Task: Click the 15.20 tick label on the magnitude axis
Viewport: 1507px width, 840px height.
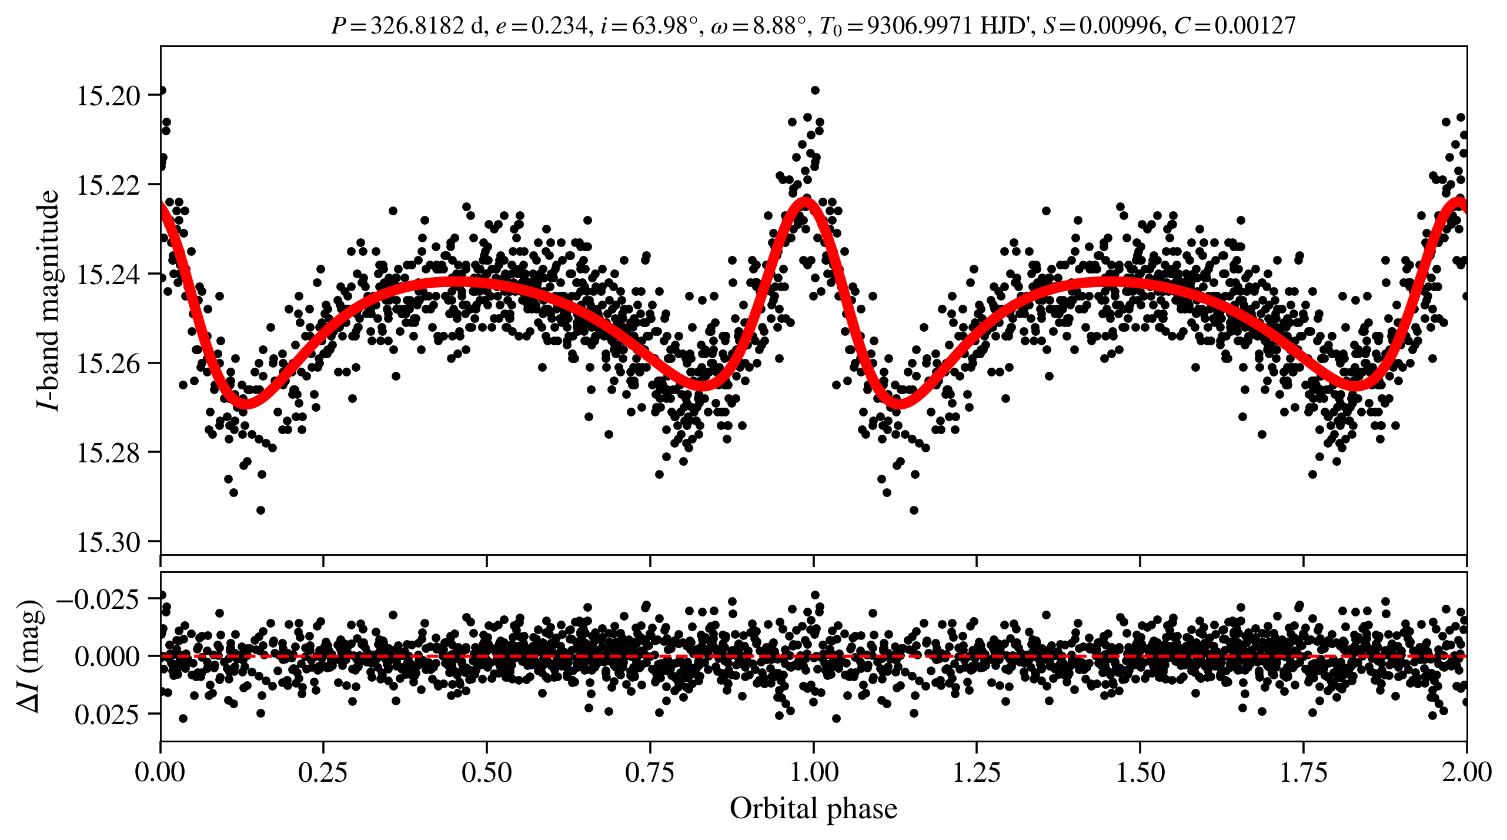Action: coord(109,95)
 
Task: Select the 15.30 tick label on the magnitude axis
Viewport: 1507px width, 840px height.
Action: coord(109,542)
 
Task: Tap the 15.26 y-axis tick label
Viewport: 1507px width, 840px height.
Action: coord(109,364)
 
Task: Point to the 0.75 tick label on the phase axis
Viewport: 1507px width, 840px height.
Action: coord(650,772)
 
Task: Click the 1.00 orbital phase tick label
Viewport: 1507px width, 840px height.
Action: coord(813,772)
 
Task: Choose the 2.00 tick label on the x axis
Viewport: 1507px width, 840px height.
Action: coord(1466,772)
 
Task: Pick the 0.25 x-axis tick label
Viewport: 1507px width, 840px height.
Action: coord(323,772)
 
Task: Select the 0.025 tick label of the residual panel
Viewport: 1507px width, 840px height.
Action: coord(106,715)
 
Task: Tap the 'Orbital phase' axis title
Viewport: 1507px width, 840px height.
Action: coord(813,809)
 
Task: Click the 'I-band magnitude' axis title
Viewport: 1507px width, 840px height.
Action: coord(48,300)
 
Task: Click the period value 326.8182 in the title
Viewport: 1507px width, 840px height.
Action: coord(417,26)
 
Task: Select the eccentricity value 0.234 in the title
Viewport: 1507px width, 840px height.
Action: coord(559,26)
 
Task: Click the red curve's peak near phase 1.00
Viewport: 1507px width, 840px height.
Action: coord(804,202)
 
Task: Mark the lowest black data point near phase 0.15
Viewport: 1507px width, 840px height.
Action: coord(260,510)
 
